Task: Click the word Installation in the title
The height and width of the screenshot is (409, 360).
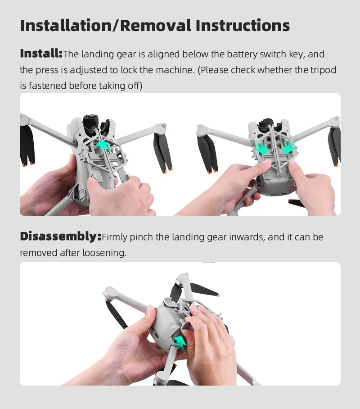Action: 66,26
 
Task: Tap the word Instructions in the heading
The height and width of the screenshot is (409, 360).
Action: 243,26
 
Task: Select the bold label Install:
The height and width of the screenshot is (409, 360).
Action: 41,54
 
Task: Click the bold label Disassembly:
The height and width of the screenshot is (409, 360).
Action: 60,236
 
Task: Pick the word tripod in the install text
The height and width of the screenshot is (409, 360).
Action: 323,70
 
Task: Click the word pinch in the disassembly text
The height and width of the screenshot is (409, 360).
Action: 141,237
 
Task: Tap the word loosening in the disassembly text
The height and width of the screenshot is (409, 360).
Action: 104,253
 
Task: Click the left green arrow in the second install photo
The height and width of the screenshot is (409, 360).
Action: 261,148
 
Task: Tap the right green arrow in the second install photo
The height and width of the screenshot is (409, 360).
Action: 289,148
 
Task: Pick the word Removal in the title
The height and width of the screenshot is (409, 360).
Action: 156,26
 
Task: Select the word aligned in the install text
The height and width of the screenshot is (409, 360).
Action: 164,54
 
